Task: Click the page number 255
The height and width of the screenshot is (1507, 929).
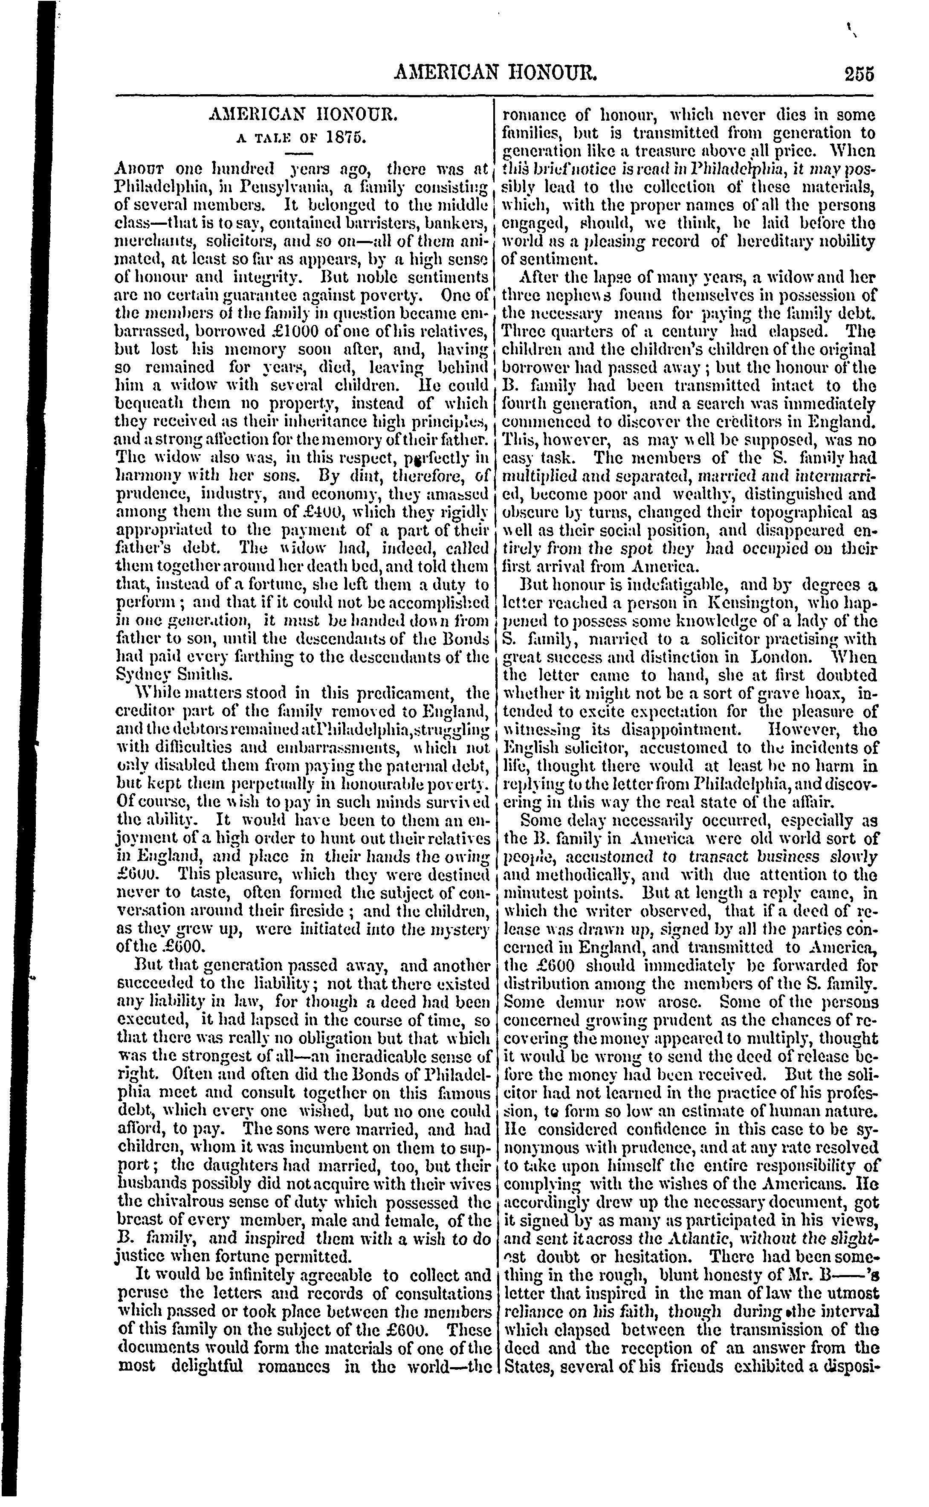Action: pyautogui.click(x=858, y=74)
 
